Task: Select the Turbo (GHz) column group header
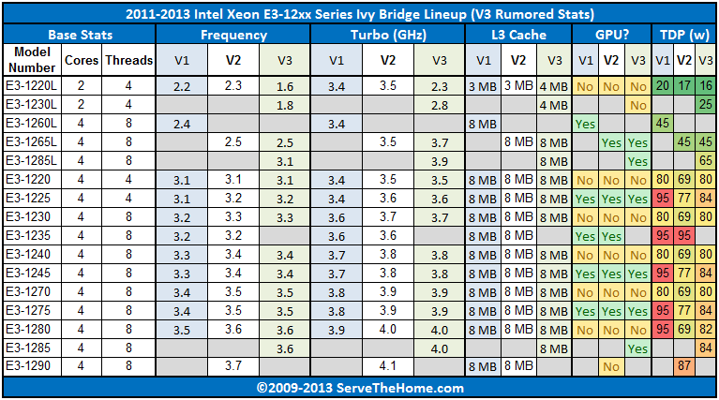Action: click(x=387, y=35)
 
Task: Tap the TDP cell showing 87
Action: click(x=683, y=365)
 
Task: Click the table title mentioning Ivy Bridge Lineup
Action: click(x=359, y=14)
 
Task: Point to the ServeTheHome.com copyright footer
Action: click(x=359, y=388)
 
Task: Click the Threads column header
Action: click(x=129, y=59)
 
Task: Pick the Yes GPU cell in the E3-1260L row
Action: click(x=586, y=123)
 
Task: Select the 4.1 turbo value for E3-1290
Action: click(x=387, y=365)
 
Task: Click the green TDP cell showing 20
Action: click(x=663, y=85)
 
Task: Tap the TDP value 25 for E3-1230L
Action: click(x=704, y=104)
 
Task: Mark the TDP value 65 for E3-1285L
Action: click(x=704, y=160)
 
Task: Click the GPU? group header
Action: click(x=612, y=35)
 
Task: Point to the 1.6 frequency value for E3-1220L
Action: click(x=285, y=85)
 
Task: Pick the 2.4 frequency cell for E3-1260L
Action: click(x=182, y=123)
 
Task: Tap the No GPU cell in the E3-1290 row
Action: click(x=611, y=365)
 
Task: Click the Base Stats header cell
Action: click(x=79, y=35)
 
